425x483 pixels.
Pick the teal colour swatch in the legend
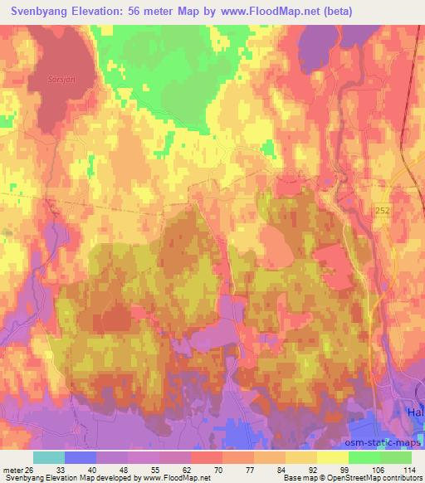pyautogui.click(x=49, y=457)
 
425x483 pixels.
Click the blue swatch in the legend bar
pyautogui.click(x=81, y=457)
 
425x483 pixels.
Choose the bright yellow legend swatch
pyautogui.click(x=333, y=457)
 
